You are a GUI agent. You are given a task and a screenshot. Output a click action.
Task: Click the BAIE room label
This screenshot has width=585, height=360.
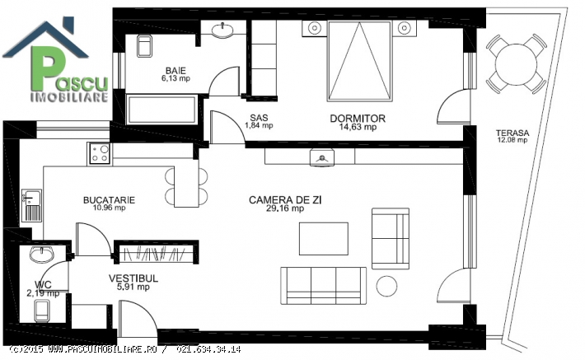tap(175, 70)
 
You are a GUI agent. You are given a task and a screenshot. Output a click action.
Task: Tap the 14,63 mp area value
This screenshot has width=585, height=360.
tap(358, 127)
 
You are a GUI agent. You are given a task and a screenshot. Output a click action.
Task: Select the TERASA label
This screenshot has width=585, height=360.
tap(512, 133)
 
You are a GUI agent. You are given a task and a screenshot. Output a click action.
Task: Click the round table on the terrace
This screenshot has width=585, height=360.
tap(516, 63)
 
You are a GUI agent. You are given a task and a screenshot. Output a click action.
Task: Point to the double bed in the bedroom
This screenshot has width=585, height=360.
tap(359, 61)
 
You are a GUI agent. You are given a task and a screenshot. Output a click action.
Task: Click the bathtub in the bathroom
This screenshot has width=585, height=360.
tap(161, 110)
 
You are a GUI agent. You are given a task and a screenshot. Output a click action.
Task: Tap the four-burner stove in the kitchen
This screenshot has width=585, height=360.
tap(100, 154)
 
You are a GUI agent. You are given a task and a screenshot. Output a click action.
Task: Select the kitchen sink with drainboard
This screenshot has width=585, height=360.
tap(31, 205)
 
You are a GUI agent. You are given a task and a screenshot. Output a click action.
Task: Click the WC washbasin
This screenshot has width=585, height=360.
tap(42, 254)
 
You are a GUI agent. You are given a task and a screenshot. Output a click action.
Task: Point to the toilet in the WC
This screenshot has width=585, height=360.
tap(42, 311)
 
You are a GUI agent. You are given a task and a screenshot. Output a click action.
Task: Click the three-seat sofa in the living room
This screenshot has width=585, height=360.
tap(323, 285)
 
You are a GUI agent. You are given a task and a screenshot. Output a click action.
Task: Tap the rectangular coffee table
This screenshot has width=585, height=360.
tap(324, 239)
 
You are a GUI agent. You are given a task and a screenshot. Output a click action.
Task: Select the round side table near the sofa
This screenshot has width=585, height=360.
tap(386, 286)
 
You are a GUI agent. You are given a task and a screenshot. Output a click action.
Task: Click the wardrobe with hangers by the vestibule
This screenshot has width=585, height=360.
tap(157, 252)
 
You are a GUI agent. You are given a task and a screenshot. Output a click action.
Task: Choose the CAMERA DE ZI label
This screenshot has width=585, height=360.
tap(285, 200)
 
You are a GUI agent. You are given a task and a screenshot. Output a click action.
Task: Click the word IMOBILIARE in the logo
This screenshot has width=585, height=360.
tap(69, 97)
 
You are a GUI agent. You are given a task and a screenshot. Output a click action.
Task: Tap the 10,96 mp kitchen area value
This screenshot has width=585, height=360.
tap(109, 208)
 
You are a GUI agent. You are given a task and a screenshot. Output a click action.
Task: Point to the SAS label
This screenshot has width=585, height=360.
tap(259, 118)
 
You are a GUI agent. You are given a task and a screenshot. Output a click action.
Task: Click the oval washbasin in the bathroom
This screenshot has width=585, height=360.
tap(222, 30)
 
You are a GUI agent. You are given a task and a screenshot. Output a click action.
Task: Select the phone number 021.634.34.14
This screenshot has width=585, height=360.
tap(208, 349)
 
